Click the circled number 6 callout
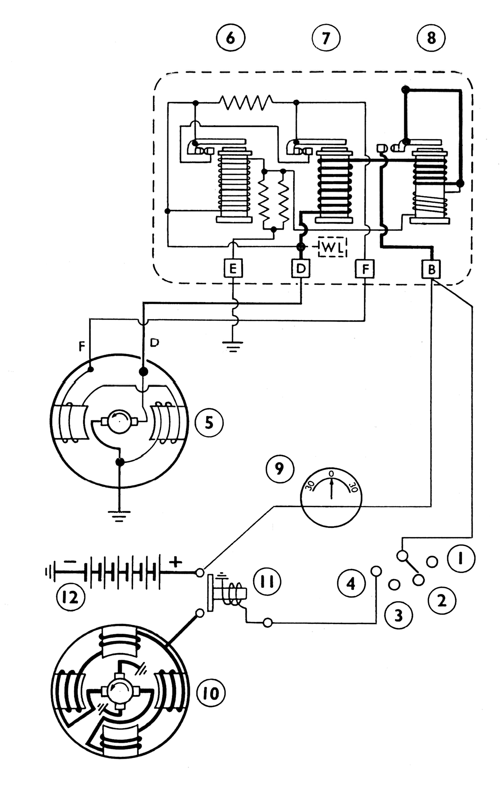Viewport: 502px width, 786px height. [230, 38]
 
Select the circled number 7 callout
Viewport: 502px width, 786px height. [326, 38]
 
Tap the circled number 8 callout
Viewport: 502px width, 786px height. [431, 38]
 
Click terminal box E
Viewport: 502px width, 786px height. [233, 268]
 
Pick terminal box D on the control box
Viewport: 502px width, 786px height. [301, 268]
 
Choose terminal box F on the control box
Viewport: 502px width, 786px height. [365, 268]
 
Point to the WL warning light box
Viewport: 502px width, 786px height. [333, 247]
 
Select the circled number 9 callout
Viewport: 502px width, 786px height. [280, 468]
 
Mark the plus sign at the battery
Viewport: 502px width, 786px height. [175, 562]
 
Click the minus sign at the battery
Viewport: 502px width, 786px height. [70, 561]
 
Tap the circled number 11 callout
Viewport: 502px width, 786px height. [267, 582]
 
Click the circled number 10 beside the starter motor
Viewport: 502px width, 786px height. [211, 693]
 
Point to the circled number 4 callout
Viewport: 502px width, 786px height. [351, 583]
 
